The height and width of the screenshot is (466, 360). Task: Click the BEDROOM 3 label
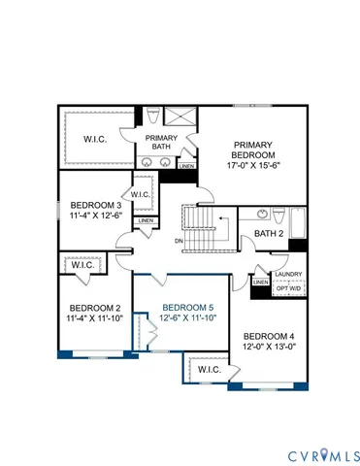click(x=95, y=205)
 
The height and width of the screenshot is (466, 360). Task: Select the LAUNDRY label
click(x=290, y=274)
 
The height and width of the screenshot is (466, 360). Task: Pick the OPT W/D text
click(x=289, y=287)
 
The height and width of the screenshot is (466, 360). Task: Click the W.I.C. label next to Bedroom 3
click(x=139, y=194)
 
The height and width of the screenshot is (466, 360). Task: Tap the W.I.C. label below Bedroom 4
click(x=209, y=369)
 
